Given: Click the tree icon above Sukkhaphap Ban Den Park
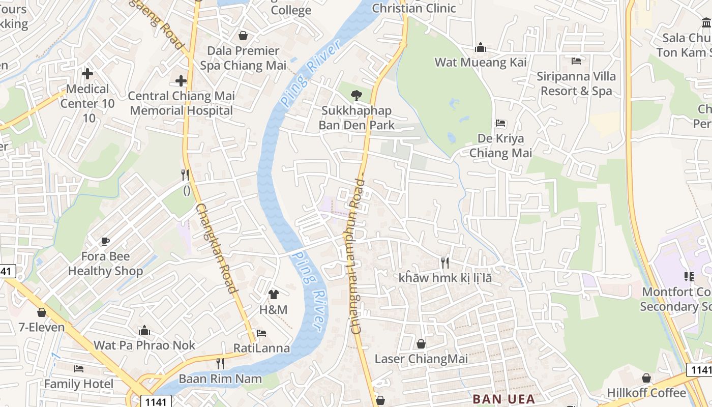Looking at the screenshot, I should tap(357, 95).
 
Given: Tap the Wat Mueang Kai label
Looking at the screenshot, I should tap(480, 63).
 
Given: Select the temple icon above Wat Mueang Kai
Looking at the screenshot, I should tap(481, 48).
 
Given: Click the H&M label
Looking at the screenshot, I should tap(274, 309).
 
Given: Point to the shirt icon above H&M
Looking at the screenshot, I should tap(274, 294).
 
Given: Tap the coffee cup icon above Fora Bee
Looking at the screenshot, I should tap(105, 241).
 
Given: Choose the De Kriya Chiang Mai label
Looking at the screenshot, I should tap(500, 146).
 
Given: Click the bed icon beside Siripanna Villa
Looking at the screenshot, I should tap(576, 61).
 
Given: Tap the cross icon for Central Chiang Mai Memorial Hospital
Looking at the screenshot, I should tap(181, 81).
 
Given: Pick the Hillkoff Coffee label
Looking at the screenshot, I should tap(646, 393).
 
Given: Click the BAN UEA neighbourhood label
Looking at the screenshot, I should tap(503, 399).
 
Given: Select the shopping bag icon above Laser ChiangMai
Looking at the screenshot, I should tap(421, 344).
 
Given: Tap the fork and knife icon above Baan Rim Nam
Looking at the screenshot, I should tap(220, 364).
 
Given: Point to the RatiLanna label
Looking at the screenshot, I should tap(261, 348).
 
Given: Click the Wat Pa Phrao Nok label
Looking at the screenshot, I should tap(144, 345).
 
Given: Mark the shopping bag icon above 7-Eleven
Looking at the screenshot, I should tap(42, 312).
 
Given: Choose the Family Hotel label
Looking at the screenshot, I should tap(79, 384).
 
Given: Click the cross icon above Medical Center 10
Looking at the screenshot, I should tap(87, 74).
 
